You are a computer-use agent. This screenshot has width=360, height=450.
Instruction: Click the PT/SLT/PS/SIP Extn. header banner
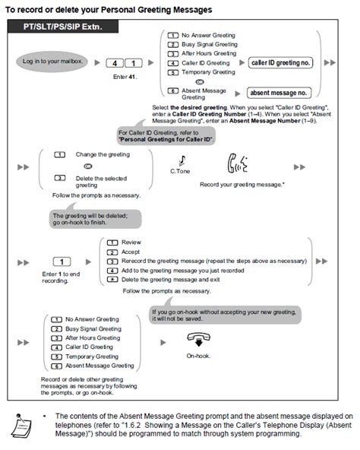[x=63, y=27]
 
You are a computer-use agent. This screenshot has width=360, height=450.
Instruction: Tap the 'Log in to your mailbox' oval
[x=52, y=62]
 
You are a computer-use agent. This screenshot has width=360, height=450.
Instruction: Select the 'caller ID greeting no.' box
[x=280, y=62]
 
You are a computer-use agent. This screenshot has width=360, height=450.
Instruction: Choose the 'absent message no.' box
[x=279, y=93]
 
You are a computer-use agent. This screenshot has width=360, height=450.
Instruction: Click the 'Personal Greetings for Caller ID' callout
[x=166, y=136]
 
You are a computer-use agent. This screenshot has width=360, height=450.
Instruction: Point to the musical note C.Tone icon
[x=182, y=160]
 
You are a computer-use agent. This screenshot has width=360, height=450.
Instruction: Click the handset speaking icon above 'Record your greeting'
[x=237, y=163]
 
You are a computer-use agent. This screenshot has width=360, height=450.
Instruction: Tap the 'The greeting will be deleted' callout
[x=95, y=219]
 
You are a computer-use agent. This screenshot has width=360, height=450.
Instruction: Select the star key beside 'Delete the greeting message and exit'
[x=112, y=279]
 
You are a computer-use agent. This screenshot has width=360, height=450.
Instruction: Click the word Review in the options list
[x=131, y=242]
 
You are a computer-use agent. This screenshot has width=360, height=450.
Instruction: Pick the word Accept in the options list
[x=131, y=252]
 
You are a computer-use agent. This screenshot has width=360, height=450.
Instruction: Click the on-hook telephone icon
[x=198, y=340]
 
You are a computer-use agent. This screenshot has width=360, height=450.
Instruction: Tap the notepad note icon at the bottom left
[x=21, y=426]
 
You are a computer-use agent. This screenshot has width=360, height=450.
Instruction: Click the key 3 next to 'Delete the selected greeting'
[x=60, y=178]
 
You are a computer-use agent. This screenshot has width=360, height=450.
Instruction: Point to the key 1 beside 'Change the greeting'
[x=60, y=155]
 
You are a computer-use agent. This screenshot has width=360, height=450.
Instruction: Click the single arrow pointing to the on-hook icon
[x=163, y=342]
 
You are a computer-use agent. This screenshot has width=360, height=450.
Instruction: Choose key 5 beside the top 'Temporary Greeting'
[x=173, y=73]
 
